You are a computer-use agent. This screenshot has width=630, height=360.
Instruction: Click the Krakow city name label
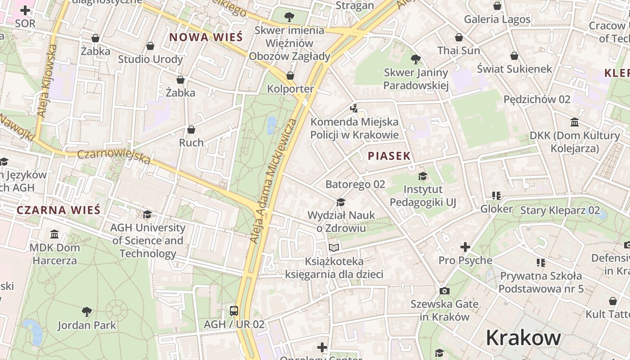[523, 337]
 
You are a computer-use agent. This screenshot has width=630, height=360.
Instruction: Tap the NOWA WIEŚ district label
[206, 37]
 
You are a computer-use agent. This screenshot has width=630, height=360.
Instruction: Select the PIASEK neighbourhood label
[389, 156]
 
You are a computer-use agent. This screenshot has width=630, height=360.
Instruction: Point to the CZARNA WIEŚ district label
[58, 210]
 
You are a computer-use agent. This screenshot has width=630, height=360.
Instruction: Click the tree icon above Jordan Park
[87, 311]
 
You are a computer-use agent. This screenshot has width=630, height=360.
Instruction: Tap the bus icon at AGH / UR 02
[234, 310]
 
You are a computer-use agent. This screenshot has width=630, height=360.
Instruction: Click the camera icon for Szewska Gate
[444, 291]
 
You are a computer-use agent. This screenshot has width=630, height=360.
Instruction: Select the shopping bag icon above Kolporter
[290, 76]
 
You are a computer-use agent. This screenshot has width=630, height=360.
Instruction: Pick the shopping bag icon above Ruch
[191, 130]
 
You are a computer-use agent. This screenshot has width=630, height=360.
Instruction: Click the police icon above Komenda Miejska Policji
[354, 108]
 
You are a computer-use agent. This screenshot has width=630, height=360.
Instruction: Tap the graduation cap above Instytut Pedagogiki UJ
[423, 176]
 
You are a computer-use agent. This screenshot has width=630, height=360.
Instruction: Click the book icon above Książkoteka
[334, 247]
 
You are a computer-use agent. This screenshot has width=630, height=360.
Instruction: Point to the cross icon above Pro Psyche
[465, 247]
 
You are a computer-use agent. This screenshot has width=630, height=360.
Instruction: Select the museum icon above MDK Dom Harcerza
[55, 234]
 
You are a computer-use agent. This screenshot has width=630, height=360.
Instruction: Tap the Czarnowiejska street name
[114, 156]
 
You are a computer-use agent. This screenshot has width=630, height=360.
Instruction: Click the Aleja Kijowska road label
[46, 81]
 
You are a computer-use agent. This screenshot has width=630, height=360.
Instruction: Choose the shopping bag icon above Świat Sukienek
[514, 56]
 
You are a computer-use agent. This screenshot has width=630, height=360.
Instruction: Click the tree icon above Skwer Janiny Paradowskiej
[416, 59]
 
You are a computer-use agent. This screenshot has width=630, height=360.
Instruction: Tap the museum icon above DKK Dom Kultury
[575, 122]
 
